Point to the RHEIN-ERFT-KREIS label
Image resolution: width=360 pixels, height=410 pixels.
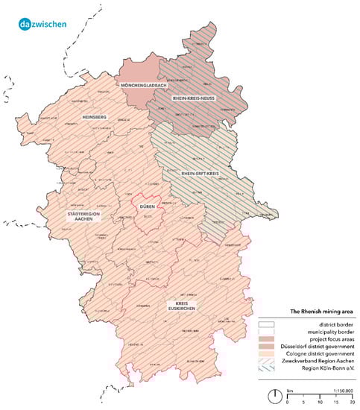click(204, 173)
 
